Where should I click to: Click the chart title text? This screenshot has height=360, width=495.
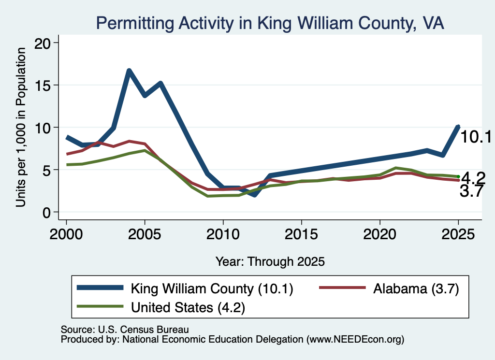click(270, 23)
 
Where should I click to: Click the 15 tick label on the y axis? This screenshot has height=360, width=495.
click(43, 86)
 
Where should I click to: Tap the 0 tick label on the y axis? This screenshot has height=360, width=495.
click(46, 213)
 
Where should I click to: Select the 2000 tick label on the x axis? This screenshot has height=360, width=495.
click(66, 234)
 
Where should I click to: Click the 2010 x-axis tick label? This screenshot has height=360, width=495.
click(223, 234)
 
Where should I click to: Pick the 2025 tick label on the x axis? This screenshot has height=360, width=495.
click(458, 234)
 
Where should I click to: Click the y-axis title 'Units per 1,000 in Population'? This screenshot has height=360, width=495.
click(21, 127)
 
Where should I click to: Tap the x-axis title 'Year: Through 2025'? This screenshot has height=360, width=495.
click(270, 261)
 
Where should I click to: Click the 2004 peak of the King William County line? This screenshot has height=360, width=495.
click(129, 71)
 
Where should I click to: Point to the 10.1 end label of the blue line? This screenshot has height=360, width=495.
click(476, 137)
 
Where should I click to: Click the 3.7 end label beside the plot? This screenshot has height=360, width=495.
click(471, 191)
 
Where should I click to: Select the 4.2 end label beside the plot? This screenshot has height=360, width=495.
click(473, 179)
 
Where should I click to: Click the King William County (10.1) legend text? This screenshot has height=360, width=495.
click(212, 288)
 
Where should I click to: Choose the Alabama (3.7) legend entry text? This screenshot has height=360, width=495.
click(416, 288)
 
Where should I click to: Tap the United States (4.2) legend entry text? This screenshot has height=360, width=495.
click(188, 308)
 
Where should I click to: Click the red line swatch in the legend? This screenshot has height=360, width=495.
click(342, 288)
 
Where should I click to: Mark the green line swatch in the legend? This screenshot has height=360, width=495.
click(100, 306)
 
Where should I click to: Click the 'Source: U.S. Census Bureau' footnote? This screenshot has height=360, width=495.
click(125, 330)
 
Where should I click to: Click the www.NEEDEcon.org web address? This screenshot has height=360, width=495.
click(355, 340)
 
